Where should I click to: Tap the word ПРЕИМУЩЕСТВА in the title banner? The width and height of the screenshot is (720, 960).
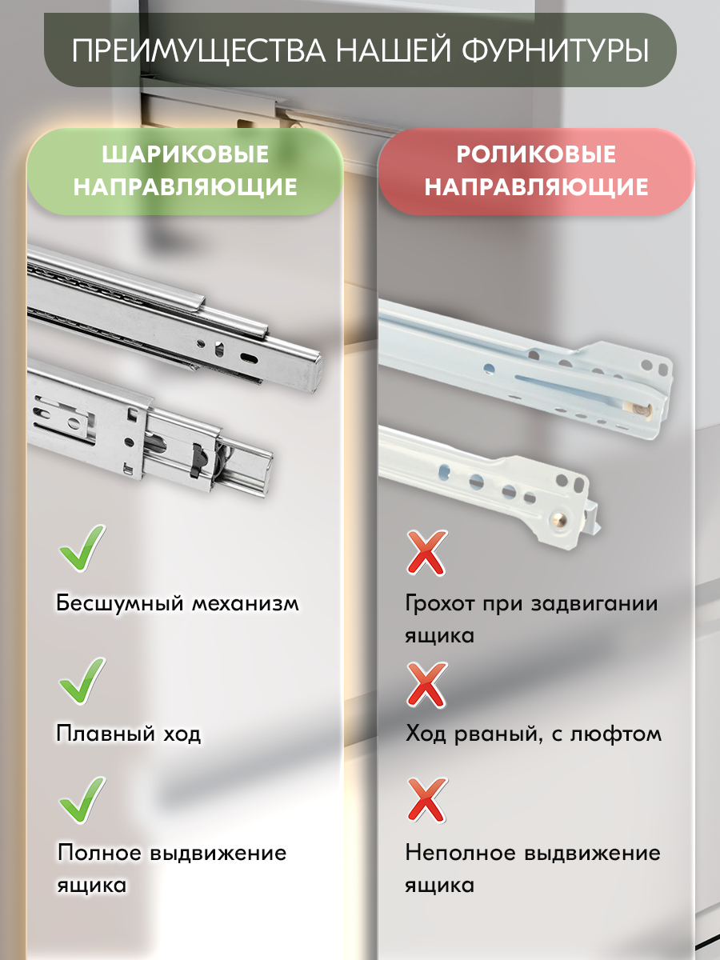[x=196, y=50]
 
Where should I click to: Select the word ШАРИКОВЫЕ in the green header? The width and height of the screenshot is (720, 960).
[x=186, y=154]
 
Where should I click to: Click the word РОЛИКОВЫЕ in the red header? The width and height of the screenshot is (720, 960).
[x=536, y=154]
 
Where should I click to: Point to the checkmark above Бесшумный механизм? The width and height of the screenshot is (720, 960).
[x=82, y=548]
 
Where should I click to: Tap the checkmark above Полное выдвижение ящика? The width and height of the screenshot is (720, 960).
[x=82, y=800]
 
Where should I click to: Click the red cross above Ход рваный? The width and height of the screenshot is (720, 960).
[x=426, y=685]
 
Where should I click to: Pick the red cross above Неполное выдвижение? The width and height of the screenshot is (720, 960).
[x=426, y=801]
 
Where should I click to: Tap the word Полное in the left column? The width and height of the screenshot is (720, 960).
[x=98, y=853]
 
